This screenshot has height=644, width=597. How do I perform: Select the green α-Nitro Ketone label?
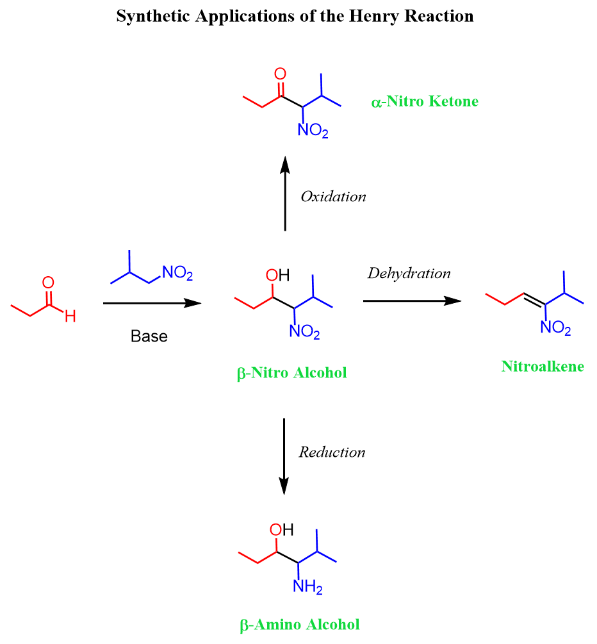point(425,101)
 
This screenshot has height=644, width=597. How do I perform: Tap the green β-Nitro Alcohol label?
point(292,373)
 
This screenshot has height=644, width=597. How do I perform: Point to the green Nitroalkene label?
point(543,366)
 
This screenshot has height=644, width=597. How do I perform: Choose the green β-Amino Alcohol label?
point(300,625)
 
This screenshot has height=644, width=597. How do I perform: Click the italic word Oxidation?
point(333,196)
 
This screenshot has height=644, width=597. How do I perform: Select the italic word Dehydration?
point(409,273)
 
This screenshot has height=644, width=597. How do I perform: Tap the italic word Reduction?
point(332,452)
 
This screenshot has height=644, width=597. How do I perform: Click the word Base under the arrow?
point(149,336)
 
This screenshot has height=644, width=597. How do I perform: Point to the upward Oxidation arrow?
point(285,194)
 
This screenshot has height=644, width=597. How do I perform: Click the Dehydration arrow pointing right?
point(413,301)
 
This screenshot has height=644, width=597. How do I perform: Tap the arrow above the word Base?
point(152,303)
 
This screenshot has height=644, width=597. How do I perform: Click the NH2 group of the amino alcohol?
point(307,586)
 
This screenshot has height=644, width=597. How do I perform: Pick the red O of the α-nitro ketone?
point(280,74)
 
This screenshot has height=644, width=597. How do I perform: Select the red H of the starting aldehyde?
point(70,317)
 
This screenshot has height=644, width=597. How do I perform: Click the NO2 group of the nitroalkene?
point(555,327)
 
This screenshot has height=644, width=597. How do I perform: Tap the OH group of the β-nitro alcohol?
point(277,275)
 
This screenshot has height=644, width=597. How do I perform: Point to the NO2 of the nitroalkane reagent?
point(177,273)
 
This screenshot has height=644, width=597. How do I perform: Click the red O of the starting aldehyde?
point(48,283)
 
